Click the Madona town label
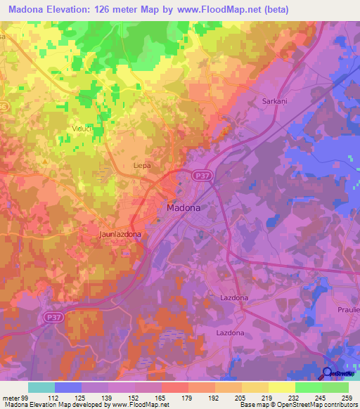pyautogui.click(x=184, y=208)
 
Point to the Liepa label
pyautogui.click(x=142, y=165)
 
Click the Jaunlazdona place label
pyautogui.click(x=120, y=233)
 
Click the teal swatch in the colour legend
pyautogui.click(x=41, y=387)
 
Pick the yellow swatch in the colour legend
pyautogui.click(x=281, y=387)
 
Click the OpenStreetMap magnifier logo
pyautogui.click(x=328, y=373)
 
